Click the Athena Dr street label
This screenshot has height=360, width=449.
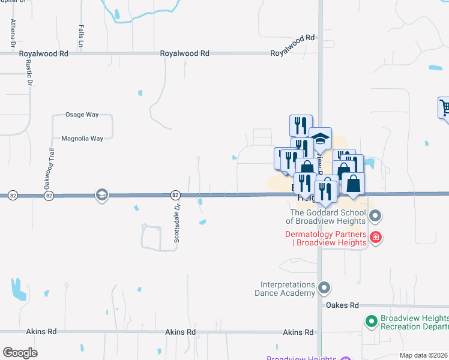click(12, 33)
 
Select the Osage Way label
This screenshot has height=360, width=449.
click(81, 115)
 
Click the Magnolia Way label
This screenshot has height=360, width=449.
click(83, 139)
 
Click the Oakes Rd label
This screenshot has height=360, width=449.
click(342, 305)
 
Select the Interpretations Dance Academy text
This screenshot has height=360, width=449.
click(288, 289)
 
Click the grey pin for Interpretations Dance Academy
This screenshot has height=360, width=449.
click(324, 289)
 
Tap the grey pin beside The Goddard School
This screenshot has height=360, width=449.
click(375, 215)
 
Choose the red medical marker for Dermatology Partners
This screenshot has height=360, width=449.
click(376, 238)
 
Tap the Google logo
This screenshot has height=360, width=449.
click(20, 353)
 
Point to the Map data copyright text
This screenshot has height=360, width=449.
click(423, 355)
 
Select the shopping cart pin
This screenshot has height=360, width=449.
click(445, 108)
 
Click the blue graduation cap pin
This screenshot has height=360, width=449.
click(320, 139)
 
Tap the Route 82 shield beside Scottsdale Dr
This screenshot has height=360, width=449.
click(175, 195)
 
